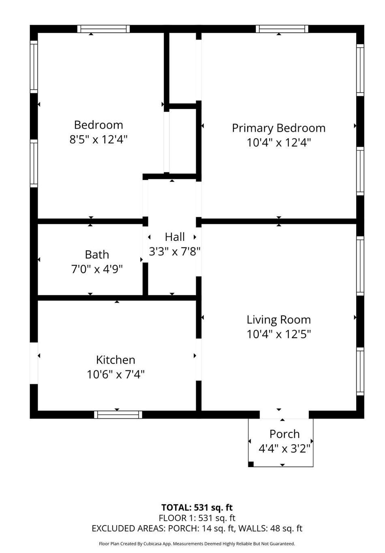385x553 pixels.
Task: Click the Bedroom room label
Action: point(98,125)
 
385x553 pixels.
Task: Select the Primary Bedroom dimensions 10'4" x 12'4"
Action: point(278,143)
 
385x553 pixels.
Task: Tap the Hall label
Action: point(175,237)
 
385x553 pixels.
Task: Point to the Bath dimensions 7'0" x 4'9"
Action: point(97,269)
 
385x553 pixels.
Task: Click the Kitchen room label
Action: point(115,359)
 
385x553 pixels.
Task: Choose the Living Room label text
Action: point(278,319)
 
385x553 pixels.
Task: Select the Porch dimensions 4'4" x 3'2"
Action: point(284,449)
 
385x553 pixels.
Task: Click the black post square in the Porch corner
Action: point(251,464)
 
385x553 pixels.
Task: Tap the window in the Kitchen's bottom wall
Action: point(118,415)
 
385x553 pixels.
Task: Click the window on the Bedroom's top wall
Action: point(103,29)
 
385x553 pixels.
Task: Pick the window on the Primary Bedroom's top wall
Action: point(282,29)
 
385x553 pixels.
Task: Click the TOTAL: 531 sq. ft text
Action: point(197,507)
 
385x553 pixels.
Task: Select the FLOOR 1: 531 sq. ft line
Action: point(197,518)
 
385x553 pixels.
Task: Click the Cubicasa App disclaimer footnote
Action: point(197,544)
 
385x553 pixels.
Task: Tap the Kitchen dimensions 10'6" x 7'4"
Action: point(115,374)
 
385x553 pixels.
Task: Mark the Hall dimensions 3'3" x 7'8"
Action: point(175,251)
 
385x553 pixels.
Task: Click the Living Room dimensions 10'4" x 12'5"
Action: point(278,334)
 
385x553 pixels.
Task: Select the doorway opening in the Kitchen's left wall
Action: point(34,363)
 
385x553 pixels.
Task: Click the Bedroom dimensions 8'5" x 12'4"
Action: point(98,139)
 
